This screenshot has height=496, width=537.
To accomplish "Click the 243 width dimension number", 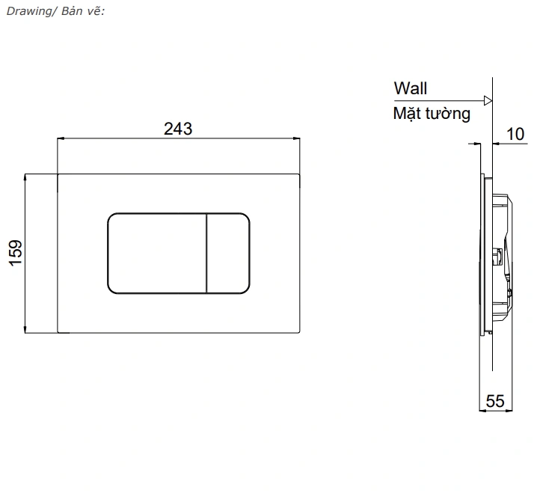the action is (178, 129).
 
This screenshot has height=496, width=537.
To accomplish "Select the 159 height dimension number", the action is (16, 253).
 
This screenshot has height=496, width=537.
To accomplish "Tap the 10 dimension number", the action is (515, 134).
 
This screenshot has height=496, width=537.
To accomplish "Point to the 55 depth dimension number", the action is (495, 401).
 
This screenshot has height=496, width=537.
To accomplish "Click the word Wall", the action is (411, 88).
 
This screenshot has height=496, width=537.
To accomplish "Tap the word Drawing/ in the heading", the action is (28, 11).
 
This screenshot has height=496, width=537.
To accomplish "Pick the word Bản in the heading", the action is (72, 11).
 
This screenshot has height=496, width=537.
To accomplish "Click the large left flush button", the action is (157, 254).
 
